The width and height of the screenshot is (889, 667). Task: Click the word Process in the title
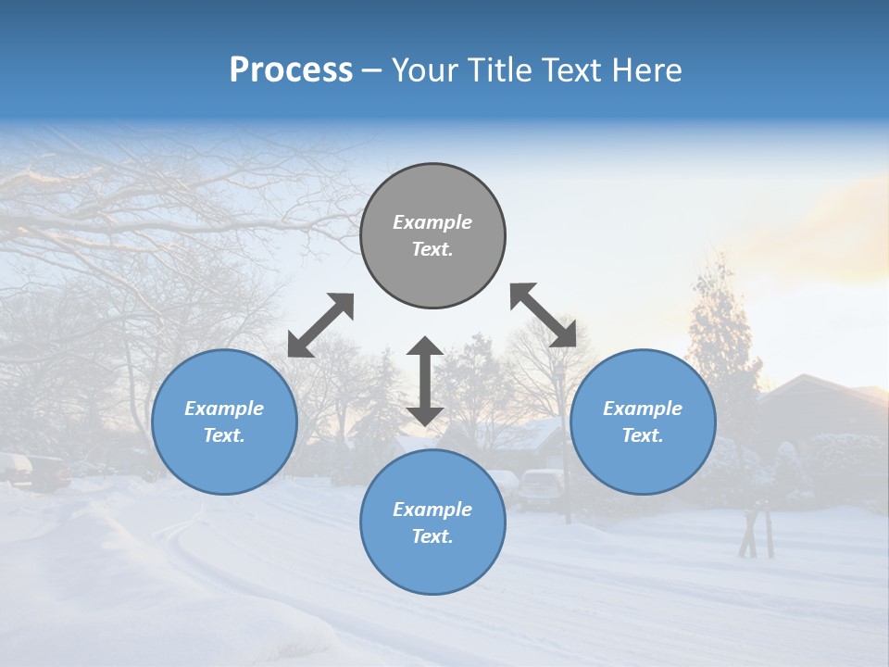click(x=291, y=70)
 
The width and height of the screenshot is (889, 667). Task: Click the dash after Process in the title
click(x=371, y=71)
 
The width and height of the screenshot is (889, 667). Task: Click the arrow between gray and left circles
click(x=320, y=325)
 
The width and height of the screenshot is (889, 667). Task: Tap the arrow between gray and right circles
click(x=544, y=315)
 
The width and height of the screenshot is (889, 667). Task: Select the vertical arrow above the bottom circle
click(x=425, y=381)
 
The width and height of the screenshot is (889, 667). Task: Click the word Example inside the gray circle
click(x=432, y=222)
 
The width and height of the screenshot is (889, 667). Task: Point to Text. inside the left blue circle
click(x=224, y=435)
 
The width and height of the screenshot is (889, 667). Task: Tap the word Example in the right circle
click(x=643, y=409)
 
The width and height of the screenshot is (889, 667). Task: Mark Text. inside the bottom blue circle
click(x=432, y=536)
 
